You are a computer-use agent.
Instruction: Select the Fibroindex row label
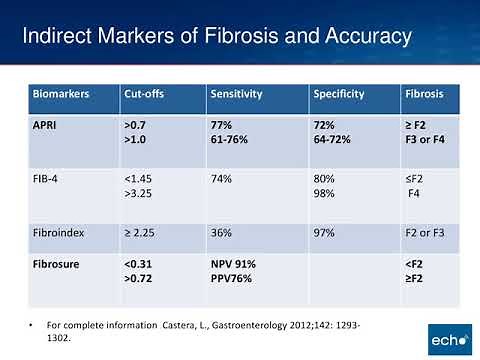tap(59, 232)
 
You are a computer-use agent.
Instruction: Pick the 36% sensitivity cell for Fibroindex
tap(221, 232)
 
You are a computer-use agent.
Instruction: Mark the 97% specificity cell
tap(325, 232)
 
